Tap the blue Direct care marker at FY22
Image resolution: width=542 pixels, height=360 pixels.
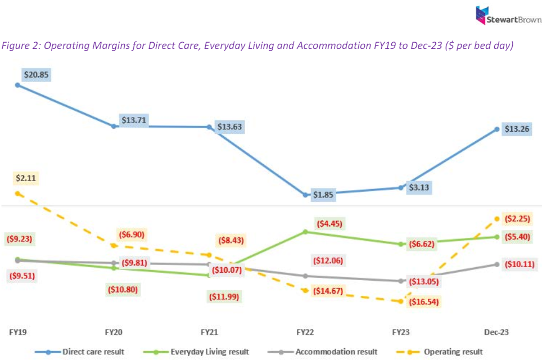[305, 195]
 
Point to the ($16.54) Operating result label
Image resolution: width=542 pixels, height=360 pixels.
[423, 302]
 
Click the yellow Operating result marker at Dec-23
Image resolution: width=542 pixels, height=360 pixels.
[497, 218]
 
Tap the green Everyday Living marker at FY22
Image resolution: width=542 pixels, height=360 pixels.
[305, 231]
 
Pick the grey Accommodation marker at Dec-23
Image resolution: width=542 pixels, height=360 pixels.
[497, 264]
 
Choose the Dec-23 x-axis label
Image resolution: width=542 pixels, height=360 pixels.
[496, 332]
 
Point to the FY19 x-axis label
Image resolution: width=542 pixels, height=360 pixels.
[17, 332]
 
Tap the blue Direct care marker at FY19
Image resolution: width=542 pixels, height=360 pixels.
[17, 85]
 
